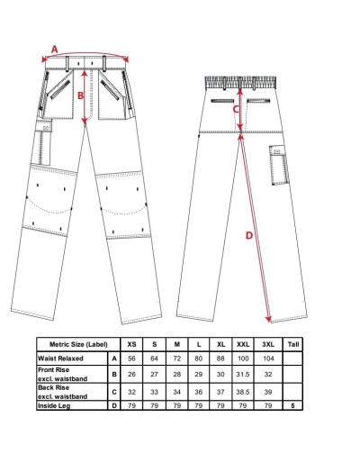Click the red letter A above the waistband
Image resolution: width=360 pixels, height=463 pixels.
pyautogui.click(x=54, y=49)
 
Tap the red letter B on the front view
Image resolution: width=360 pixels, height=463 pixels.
pyautogui.click(x=81, y=95)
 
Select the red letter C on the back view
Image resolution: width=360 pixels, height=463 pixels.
pyautogui.click(x=236, y=110)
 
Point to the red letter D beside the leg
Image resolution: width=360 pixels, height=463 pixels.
pyautogui.click(x=249, y=236)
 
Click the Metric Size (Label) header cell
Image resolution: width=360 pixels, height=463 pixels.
pyautogui.click(x=78, y=344)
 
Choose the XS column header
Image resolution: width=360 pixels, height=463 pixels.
pyautogui.click(x=131, y=344)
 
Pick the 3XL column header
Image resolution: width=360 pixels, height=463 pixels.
pyautogui.click(x=268, y=344)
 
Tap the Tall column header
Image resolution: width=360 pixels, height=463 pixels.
pyautogui.click(x=293, y=344)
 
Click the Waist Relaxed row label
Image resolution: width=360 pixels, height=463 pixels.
pyautogui.click(x=60, y=359)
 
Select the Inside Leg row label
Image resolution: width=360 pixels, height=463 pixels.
pyautogui.click(x=54, y=406)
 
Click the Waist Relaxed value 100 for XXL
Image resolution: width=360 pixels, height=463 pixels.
pyautogui.click(x=243, y=359)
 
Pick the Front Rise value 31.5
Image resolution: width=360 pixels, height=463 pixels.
pyautogui.click(x=243, y=374)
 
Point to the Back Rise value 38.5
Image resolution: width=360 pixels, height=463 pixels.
pyautogui.click(x=243, y=392)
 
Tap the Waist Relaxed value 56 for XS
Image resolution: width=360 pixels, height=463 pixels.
pyautogui.click(x=131, y=359)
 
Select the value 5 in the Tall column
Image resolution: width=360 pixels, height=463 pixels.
pyautogui.click(x=292, y=406)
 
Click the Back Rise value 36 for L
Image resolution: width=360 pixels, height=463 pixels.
pyautogui.click(x=199, y=392)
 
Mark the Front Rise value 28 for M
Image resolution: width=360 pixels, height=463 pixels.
pyautogui.click(x=177, y=374)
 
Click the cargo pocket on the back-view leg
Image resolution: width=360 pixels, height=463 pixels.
pyautogui.click(x=280, y=165)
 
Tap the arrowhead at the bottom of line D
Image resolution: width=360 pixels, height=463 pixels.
pyautogui.click(x=268, y=320)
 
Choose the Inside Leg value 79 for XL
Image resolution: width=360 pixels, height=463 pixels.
pyautogui.click(x=220, y=406)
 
